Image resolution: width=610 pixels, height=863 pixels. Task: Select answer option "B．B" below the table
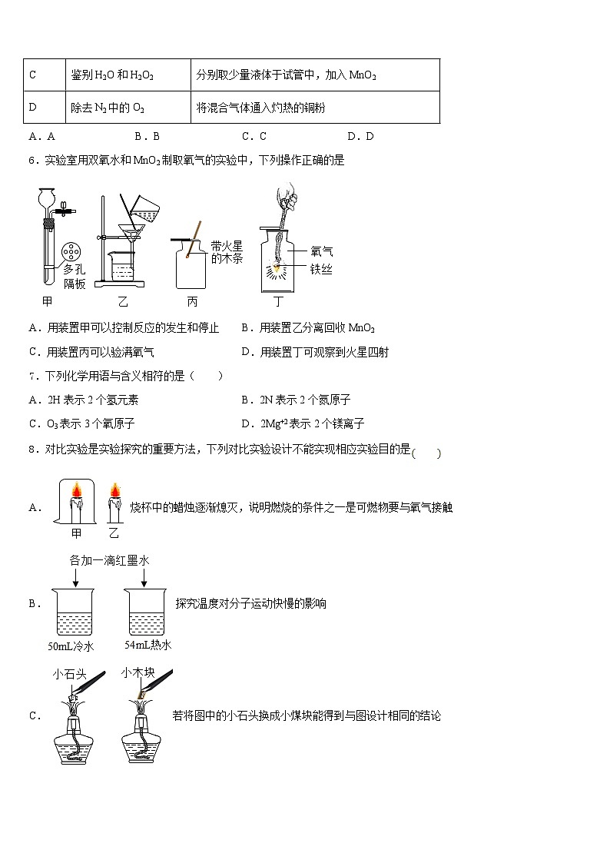(146, 137)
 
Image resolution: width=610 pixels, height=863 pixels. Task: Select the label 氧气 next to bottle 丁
(322, 251)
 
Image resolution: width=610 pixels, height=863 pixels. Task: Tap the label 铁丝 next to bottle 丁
(322, 269)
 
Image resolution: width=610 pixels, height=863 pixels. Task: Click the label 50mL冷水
(71, 646)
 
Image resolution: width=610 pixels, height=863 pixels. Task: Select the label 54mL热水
(148, 645)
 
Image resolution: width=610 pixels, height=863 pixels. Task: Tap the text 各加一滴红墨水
(109, 561)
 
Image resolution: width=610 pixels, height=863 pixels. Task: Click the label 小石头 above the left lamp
(68, 674)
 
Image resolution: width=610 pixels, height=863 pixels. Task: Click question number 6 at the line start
(31, 161)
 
